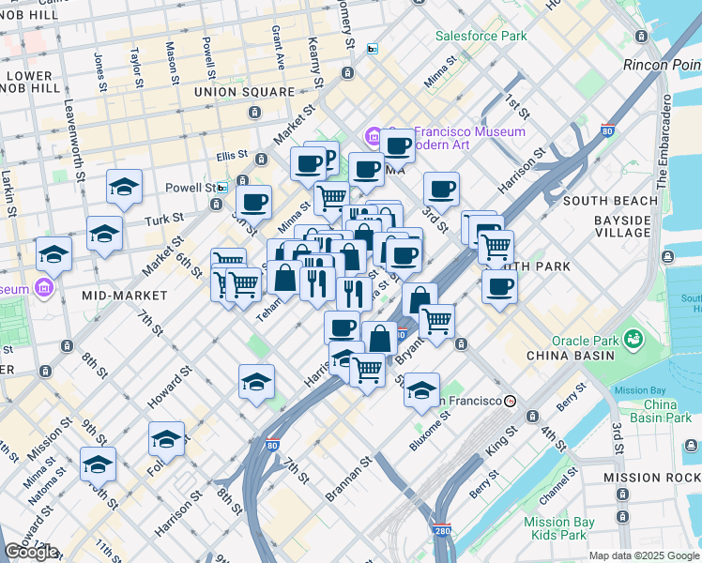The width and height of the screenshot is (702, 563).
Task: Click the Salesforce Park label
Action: [481, 36]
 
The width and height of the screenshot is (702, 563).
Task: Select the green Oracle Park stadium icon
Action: [633, 336]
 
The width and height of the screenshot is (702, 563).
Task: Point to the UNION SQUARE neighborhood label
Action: [244, 92]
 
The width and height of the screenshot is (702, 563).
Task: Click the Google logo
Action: [32, 551]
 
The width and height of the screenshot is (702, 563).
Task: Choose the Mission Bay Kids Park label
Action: [557, 528]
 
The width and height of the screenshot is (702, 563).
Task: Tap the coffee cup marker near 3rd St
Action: [440, 189]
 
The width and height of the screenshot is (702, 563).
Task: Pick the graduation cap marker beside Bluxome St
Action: [422, 388]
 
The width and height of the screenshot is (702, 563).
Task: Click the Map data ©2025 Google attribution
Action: [643, 555]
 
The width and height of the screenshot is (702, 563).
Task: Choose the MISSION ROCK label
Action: [652, 478]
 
